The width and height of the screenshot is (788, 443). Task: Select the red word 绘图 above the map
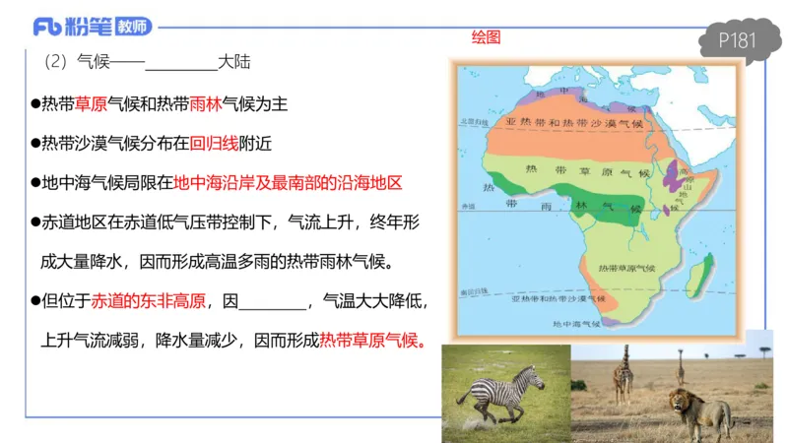(x=486, y=37)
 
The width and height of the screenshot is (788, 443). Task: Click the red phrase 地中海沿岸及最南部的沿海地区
(x=288, y=183)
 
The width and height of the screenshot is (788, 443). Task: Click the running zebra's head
(x=534, y=377)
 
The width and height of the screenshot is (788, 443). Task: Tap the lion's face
(x=681, y=402)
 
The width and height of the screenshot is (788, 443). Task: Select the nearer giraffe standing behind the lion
(x=623, y=373)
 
